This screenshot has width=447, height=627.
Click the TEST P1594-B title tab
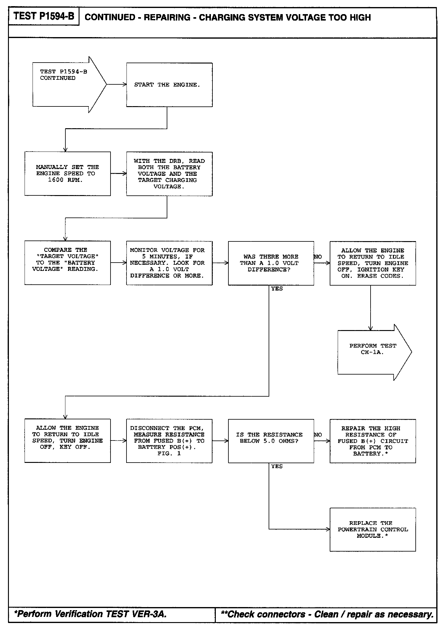pos(44,16)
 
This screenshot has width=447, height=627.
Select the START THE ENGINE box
pos(169,85)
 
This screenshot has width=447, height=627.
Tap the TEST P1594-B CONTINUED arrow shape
pos(68,84)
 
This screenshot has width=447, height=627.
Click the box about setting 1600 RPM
pos(68,174)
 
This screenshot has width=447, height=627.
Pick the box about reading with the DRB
pos(169,174)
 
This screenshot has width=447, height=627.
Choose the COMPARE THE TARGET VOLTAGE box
pos(68,263)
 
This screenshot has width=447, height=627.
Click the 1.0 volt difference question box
pos(271,263)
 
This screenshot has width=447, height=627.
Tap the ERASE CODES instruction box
pos(373,263)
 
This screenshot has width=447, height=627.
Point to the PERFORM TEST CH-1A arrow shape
pos(373,352)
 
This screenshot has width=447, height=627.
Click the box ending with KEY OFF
pos(68,440)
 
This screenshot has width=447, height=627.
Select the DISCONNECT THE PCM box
pos(169,441)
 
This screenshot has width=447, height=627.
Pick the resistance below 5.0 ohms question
pos(271,441)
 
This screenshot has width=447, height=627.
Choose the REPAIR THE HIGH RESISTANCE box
pos(373,441)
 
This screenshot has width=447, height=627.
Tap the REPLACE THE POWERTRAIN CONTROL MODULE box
pos(373,529)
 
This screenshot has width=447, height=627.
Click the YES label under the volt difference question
pos(277,289)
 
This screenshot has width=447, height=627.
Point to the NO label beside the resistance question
pos(318,435)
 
